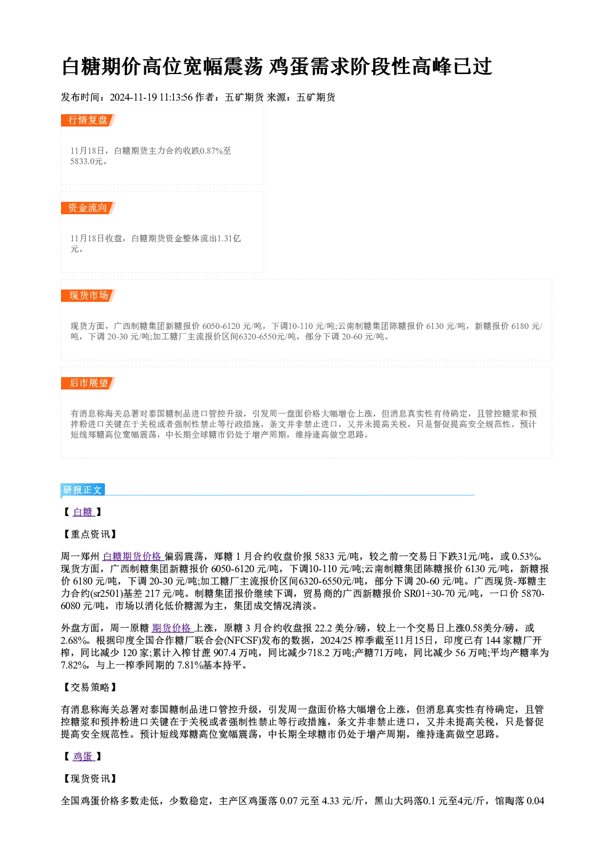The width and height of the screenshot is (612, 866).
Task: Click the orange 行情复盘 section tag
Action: click(x=88, y=120)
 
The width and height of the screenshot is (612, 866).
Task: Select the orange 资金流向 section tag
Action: click(x=88, y=208)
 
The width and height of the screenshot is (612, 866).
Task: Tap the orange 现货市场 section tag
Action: click(x=88, y=296)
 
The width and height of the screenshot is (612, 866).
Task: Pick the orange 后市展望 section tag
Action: click(x=88, y=383)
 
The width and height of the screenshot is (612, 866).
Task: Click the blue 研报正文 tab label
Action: click(x=83, y=490)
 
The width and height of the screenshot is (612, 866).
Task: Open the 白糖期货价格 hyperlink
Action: click(x=133, y=556)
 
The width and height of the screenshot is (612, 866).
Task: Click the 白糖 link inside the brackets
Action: click(x=83, y=512)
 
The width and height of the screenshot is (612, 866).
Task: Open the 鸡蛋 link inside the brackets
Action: click(x=83, y=756)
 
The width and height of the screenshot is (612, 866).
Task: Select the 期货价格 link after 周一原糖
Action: click(x=172, y=628)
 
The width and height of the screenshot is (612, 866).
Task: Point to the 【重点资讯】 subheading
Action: click(x=89, y=535)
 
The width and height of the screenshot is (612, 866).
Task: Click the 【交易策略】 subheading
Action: click(x=89, y=687)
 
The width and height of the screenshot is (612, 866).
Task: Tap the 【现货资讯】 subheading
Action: click(x=89, y=778)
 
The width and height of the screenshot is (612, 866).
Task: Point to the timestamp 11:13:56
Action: click(x=176, y=98)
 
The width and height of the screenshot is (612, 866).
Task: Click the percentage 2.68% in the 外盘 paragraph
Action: click(x=73, y=640)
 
